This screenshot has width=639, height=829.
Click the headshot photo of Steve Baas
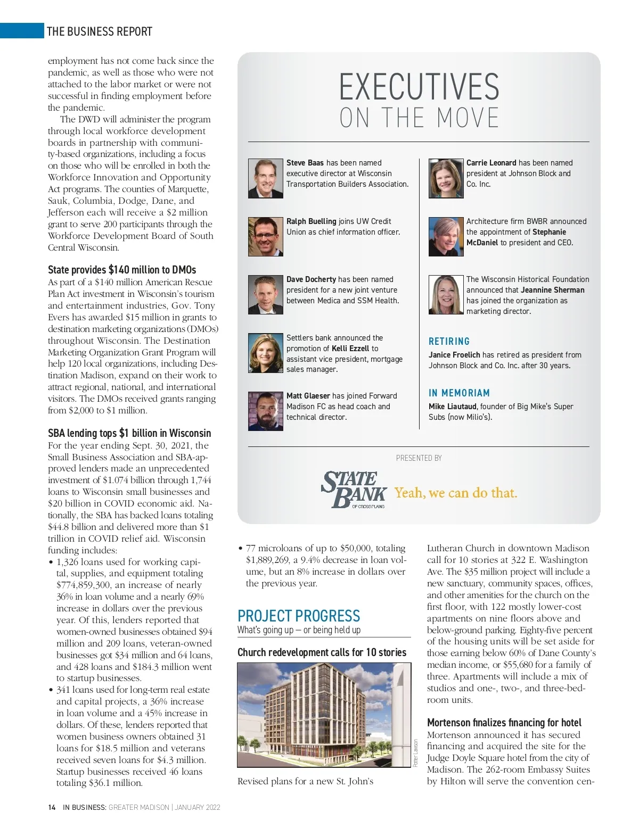[x=265, y=179]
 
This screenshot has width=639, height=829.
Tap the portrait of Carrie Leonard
[x=446, y=179]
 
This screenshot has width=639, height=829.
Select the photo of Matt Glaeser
[x=265, y=411]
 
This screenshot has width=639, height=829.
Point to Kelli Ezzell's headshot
[x=265, y=353]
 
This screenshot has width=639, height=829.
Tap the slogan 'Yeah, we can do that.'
[x=456, y=493]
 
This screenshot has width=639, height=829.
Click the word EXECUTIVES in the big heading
[x=419, y=87]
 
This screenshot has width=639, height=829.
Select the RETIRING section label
[x=449, y=342]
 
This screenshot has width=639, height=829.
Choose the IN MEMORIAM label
[x=459, y=393]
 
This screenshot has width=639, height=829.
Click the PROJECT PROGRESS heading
[x=299, y=616]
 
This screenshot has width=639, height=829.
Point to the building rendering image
[x=324, y=715]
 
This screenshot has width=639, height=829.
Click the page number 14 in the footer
[x=52, y=807]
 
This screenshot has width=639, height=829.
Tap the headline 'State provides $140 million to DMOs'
[x=122, y=270]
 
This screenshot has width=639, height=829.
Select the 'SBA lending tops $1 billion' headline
[x=129, y=433]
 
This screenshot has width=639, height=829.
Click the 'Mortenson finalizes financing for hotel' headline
[x=504, y=723]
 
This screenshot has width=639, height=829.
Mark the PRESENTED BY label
[x=419, y=458]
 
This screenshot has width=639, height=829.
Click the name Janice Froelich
[x=454, y=355]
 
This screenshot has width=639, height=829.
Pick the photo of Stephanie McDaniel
[x=446, y=237]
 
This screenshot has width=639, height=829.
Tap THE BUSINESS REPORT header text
[x=100, y=31]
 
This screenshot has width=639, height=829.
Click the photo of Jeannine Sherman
[x=446, y=295]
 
